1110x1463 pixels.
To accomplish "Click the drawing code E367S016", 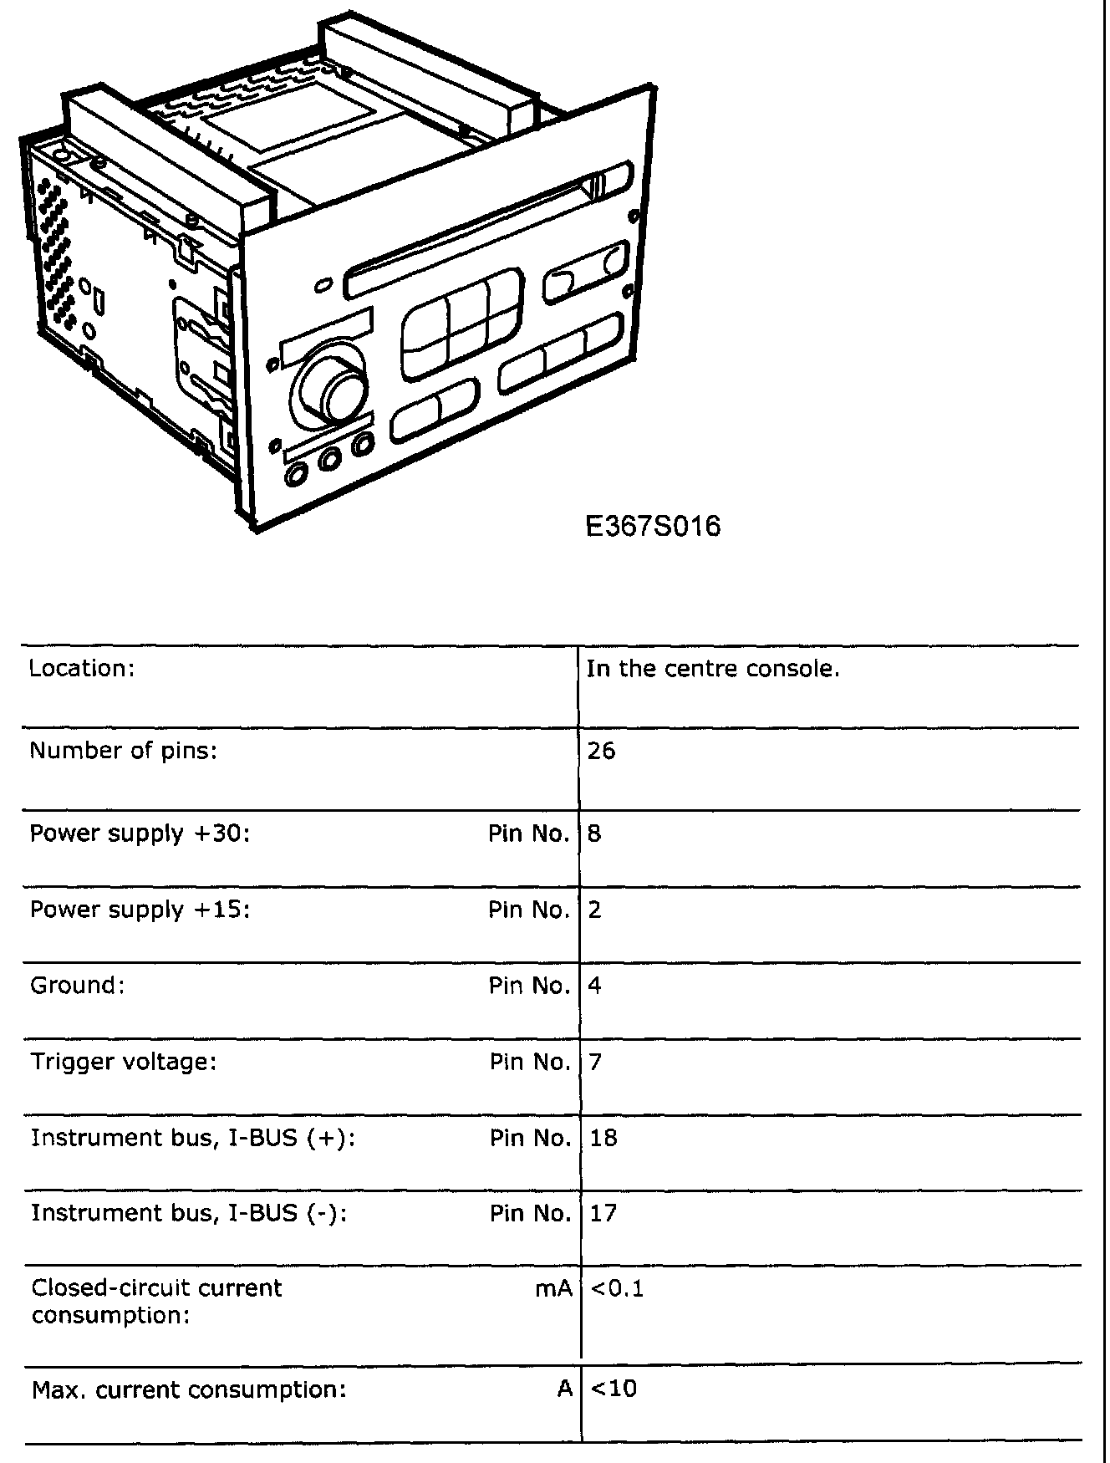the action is (653, 526).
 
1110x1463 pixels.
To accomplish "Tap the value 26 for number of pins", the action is (601, 751).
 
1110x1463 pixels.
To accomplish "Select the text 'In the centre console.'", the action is (713, 669).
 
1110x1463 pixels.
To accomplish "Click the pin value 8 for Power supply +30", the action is (594, 833).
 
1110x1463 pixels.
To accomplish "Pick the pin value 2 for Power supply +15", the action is (594, 910).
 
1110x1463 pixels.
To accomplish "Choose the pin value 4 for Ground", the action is (594, 986).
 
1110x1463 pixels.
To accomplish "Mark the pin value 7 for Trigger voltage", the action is (595, 1062).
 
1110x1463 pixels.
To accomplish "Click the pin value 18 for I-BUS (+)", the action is (603, 1138).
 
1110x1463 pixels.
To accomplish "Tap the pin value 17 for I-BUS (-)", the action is (603, 1213).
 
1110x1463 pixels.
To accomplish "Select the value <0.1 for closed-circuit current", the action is (617, 1289).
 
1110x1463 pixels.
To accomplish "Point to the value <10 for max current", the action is (614, 1389).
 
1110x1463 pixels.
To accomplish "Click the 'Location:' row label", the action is (82, 669).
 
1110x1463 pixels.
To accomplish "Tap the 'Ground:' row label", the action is (77, 986).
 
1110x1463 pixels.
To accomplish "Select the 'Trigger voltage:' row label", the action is (124, 1062).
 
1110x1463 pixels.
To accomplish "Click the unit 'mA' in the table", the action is (553, 1289).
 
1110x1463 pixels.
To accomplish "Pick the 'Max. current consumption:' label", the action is (189, 1390).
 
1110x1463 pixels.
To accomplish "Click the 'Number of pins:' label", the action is (123, 751).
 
